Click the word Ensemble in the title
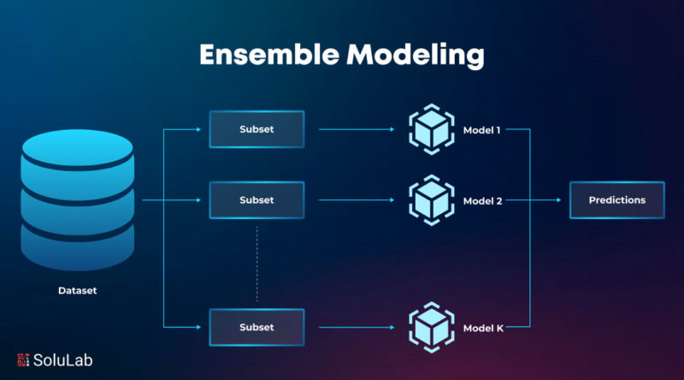click(x=269, y=55)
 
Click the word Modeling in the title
click(x=416, y=56)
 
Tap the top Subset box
click(x=257, y=129)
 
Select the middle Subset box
click(x=257, y=200)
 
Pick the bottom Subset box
click(x=257, y=327)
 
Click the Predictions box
click(x=617, y=200)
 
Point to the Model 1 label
click(x=481, y=130)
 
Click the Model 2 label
click(x=482, y=201)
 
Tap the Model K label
click(x=483, y=328)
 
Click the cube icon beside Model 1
click(x=432, y=129)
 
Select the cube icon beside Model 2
click(x=432, y=200)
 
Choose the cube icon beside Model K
click(x=432, y=327)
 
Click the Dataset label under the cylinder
click(x=78, y=290)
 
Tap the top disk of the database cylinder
click(x=78, y=147)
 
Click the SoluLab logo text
click(x=62, y=360)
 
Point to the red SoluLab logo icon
click(x=23, y=360)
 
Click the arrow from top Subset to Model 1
click(x=357, y=129)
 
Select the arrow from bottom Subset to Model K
click(x=357, y=327)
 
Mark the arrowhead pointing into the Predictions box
click(x=559, y=200)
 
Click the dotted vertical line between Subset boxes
click(x=257, y=264)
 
